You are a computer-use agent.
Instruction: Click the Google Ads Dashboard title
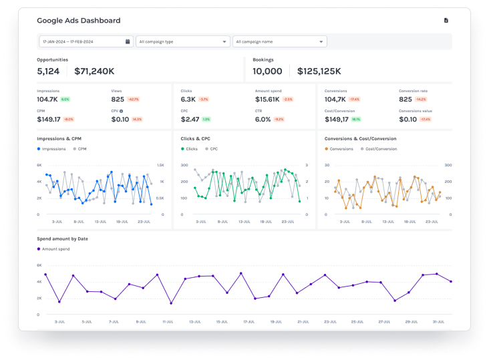point(79,21)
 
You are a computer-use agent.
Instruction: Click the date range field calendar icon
point(128,41)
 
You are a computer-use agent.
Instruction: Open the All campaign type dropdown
point(182,41)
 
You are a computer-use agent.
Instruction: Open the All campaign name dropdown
point(279,41)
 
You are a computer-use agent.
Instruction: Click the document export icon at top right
point(446,21)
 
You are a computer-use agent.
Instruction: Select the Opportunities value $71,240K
point(94,71)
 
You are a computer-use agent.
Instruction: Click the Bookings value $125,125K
point(319,71)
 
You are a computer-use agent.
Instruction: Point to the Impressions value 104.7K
point(47,99)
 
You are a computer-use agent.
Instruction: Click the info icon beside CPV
point(121,111)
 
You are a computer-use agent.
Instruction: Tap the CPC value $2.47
point(190,120)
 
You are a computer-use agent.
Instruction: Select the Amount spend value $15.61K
point(267,99)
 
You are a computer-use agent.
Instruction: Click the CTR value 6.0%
point(263,120)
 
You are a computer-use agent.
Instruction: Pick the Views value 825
point(118,99)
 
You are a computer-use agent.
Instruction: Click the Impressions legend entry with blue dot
point(52,148)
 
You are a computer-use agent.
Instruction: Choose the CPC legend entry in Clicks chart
point(212,148)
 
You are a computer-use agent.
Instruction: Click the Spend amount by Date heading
point(63,238)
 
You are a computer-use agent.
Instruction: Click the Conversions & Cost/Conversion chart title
point(360,139)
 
